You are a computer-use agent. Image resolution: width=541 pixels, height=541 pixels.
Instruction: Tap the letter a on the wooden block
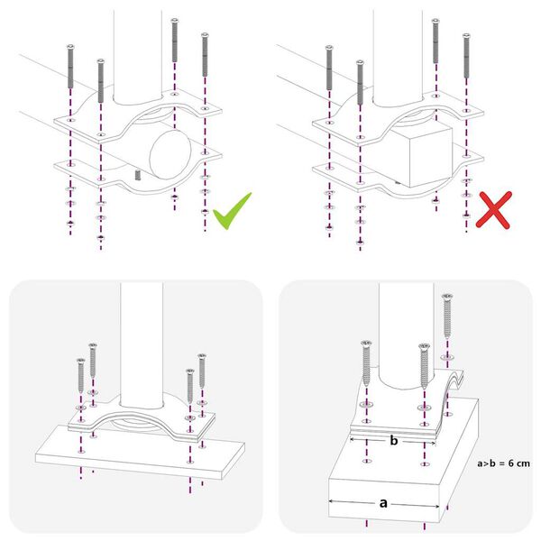pos(384,506)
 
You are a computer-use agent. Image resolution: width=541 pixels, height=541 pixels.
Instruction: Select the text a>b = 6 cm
pos(502,463)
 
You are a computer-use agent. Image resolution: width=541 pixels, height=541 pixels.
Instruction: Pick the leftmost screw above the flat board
pos(81,379)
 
